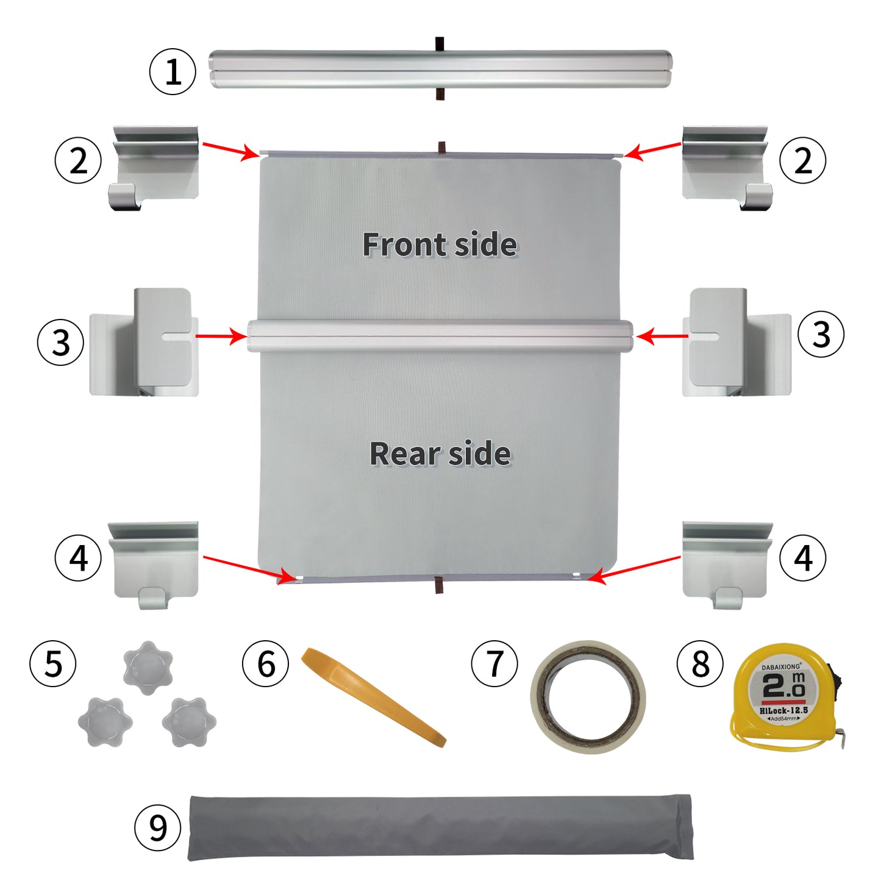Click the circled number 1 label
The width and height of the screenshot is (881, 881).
(173, 71)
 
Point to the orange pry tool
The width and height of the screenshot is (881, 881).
(373, 697)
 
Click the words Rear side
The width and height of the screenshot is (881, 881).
(440, 454)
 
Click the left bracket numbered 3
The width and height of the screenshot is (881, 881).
(144, 341)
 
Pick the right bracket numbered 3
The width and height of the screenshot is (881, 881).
(737, 341)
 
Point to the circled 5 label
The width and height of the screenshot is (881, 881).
(52, 663)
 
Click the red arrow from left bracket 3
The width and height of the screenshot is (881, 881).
(221, 337)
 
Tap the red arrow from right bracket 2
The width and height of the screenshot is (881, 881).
(652, 151)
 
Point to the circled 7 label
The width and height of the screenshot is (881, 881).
(494, 663)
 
